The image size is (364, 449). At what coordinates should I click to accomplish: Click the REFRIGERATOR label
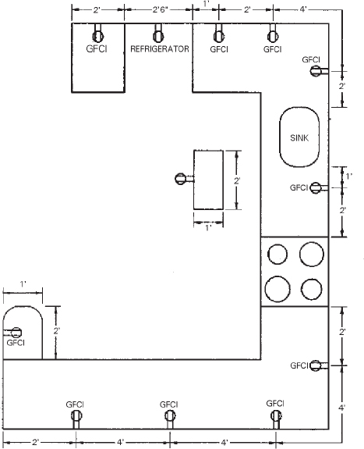[x=161, y=49]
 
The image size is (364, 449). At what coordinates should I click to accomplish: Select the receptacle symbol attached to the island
[x=182, y=177]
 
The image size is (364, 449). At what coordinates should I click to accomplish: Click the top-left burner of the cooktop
[x=277, y=255]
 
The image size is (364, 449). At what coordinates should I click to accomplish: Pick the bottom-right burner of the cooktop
[x=311, y=289]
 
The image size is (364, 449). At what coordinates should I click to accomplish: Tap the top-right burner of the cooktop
[x=311, y=255]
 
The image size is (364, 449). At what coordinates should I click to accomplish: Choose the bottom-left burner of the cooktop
[x=277, y=289]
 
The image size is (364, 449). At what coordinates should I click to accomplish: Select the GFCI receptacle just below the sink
[x=316, y=187]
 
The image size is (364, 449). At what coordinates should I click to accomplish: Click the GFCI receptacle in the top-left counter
[x=99, y=34]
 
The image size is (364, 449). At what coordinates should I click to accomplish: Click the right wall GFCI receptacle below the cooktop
[x=316, y=365]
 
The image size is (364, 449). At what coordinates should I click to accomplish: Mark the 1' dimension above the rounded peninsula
[x=23, y=282]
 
